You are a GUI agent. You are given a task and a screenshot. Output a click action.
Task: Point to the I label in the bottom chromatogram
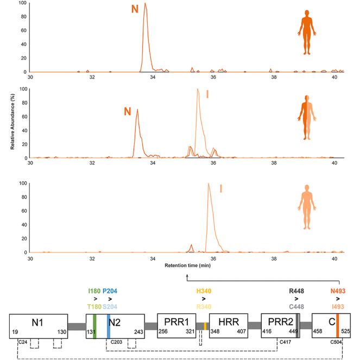pos(220,189)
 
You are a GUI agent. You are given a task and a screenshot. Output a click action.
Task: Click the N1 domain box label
pos(37,322)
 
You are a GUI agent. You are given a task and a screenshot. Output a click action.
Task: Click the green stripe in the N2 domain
pos(94,326)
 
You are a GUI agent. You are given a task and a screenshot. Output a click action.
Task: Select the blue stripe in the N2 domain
pos(109,326)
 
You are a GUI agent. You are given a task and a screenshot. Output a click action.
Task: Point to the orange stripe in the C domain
pos(337,326)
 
